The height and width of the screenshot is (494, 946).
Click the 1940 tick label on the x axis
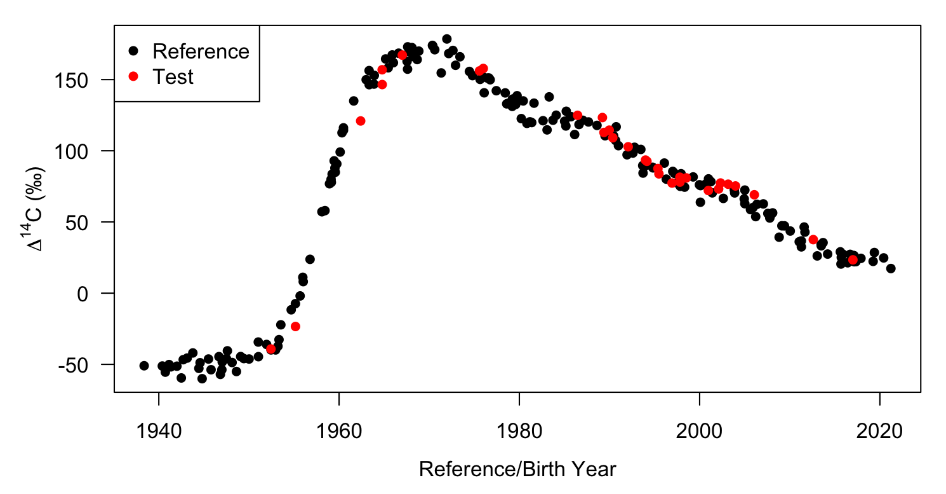coord(159,432)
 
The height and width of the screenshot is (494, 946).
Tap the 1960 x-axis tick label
coord(339,432)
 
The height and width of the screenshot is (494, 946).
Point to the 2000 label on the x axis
coord(699,432)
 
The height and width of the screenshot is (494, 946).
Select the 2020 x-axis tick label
coord(879,432)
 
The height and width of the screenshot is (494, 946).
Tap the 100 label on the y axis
coord(86,151)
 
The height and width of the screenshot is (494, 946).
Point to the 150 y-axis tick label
coord(86,80)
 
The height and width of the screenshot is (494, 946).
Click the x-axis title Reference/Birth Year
coord(517,470)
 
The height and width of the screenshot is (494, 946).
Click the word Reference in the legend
coord(201,51)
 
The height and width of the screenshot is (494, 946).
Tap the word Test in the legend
coord(173,77)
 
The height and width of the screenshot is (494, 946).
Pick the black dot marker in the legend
coord(132,51)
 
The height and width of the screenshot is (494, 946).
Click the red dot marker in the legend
coord(132,76)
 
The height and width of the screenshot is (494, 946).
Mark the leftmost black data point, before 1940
coord(144,366)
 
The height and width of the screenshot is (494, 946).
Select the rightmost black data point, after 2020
coord(891,268)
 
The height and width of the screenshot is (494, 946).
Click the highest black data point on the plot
coord(447,39)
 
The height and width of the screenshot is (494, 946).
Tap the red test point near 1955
coord(295,326)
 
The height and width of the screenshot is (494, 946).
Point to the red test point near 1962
coord(361,121)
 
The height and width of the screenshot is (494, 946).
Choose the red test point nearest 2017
coord(853,259)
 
